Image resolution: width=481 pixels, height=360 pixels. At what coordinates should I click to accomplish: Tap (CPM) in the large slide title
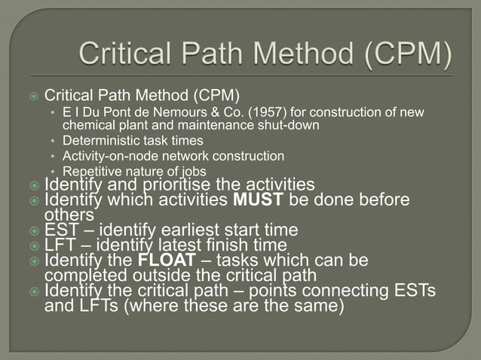coord(405,55)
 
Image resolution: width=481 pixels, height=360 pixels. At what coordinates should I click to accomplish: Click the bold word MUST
coord(259,200)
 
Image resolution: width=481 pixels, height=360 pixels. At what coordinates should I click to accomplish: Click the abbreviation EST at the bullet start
coord(60,230)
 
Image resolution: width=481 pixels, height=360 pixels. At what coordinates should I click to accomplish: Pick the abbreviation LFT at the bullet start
coord(60,246)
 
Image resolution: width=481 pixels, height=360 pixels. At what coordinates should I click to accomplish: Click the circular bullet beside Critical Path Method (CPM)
coord(34,96)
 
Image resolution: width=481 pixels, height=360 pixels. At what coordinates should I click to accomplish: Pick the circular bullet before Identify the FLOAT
coord(34,261)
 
